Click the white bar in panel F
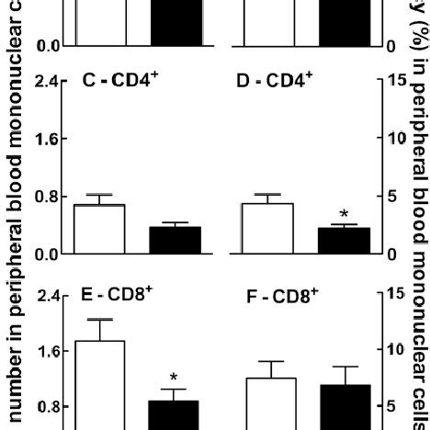point(271,403)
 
